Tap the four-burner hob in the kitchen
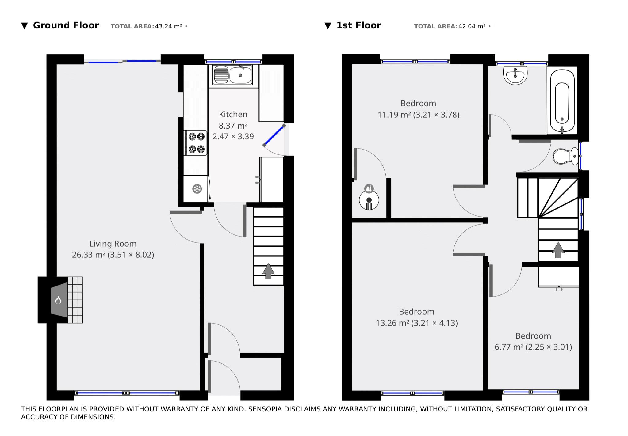pos(195,142)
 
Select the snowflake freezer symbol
pos(197,189)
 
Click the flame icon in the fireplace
pos(58,300)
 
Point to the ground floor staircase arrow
pos(268,271)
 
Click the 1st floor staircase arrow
pos(558,250)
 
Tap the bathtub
pos(562,100)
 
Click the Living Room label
pos(113,244)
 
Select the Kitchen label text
pos(233,114)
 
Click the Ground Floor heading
pos(66,25)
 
